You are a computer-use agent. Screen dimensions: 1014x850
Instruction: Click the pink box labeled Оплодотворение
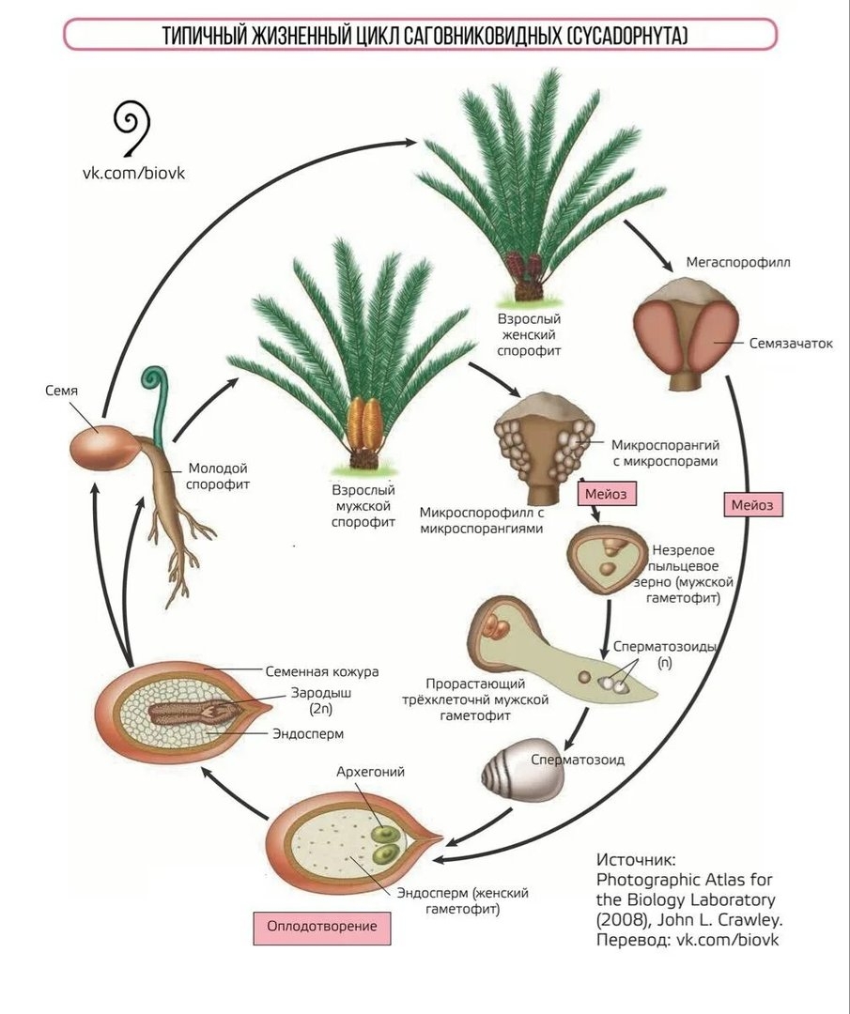tap(321, 926)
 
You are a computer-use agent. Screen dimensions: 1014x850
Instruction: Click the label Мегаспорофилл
tap(738, 262)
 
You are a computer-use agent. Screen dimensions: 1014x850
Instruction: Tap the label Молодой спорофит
tap(218, 476)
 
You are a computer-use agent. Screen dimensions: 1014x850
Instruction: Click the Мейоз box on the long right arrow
tap(753, 505)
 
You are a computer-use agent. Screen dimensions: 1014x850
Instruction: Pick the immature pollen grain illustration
tap(604, 560)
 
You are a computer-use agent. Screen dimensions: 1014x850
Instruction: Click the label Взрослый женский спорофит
tap(530, 335)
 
